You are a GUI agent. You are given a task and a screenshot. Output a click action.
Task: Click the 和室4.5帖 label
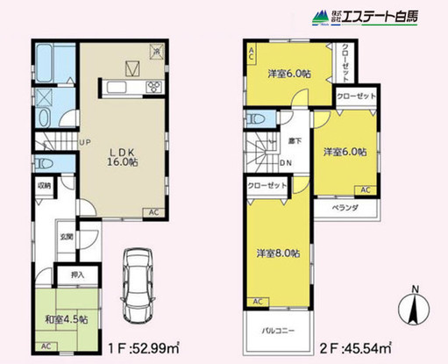tap(64, 319)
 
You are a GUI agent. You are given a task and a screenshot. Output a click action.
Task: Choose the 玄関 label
tap(67, 235)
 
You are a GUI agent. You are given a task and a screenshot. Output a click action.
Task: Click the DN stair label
tap(286, 162)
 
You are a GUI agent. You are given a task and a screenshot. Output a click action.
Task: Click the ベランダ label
tap(347, 209)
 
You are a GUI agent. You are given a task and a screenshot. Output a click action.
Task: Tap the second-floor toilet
tap(256, 118)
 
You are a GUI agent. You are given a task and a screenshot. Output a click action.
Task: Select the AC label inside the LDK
tap(153, 213)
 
